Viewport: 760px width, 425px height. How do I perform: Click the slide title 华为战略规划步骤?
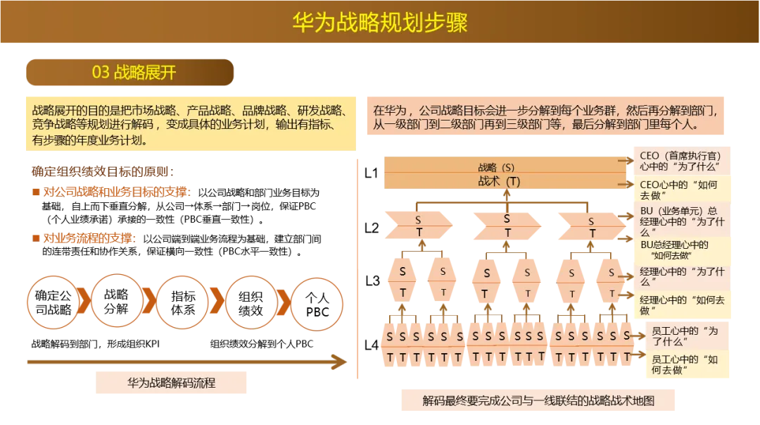coord(380,22)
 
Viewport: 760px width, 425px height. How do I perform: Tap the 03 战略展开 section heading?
coord(134,72)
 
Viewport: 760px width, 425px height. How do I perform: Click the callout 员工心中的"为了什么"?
coord(683,336)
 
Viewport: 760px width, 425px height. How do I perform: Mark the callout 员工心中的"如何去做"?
coord(683,364)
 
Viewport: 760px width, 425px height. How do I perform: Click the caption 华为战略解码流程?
coord(171,383)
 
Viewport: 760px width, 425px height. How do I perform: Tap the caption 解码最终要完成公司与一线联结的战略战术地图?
coord(538,400)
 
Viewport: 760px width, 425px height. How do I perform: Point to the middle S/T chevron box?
coord(507,225)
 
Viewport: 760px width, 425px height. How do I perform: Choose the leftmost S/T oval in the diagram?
coord(403,281)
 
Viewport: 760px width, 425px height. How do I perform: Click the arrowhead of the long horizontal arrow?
coord(340,362)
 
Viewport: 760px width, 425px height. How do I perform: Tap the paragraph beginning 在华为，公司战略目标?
coord(545,117)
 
